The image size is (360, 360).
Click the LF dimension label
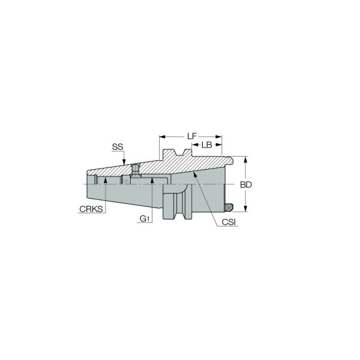191,136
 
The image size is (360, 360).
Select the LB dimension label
206,145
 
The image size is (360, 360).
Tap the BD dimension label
245,185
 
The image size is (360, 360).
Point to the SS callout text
118,147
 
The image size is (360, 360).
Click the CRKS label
91,209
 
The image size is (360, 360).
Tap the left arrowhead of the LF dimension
161,137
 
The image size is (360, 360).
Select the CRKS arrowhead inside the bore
105,180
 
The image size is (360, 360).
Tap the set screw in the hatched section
136,170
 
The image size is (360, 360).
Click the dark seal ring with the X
228,208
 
